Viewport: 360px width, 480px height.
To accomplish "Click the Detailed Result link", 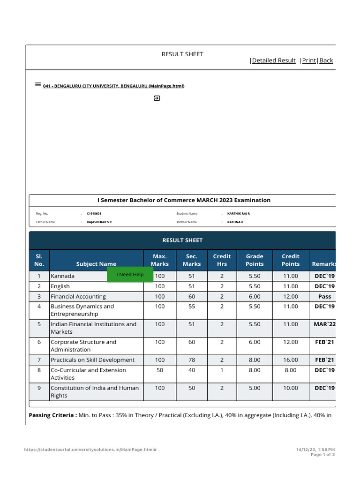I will tap(274, 60).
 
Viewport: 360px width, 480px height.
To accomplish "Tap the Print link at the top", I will tap(309, 60).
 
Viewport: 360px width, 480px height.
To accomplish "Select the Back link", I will tap(326, 60).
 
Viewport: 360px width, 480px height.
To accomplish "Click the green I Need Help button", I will tap(130, 275).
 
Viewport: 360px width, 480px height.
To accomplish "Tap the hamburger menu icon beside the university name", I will tap(38, 85).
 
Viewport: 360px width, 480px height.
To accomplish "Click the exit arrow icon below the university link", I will tap(157, 98).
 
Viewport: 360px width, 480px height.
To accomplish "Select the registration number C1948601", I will tap(94, 213).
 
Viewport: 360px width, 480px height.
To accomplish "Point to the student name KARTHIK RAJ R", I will tap(238, 213).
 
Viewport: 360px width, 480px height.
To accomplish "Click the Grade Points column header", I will tap(255, 260).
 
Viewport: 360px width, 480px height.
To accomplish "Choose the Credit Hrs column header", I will tap(222, 260).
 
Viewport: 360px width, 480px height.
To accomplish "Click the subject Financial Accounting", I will tap(78, 296).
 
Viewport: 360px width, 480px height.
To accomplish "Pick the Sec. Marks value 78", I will tap(191, 360).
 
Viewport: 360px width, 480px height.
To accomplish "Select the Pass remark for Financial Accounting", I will tap(324, 296).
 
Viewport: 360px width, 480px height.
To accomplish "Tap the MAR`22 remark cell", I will tap(324, 324).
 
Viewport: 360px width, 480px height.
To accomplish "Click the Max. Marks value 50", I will tap(160, 370).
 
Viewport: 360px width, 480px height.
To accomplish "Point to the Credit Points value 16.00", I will tap(290, 360).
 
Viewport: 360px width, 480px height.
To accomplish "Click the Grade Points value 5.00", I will tap(255, 388).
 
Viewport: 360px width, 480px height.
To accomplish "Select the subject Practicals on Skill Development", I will tap(92, 360).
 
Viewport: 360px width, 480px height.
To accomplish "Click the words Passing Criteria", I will tap(52, 415).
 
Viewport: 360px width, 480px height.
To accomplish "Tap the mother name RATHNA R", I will tap(235, 222).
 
